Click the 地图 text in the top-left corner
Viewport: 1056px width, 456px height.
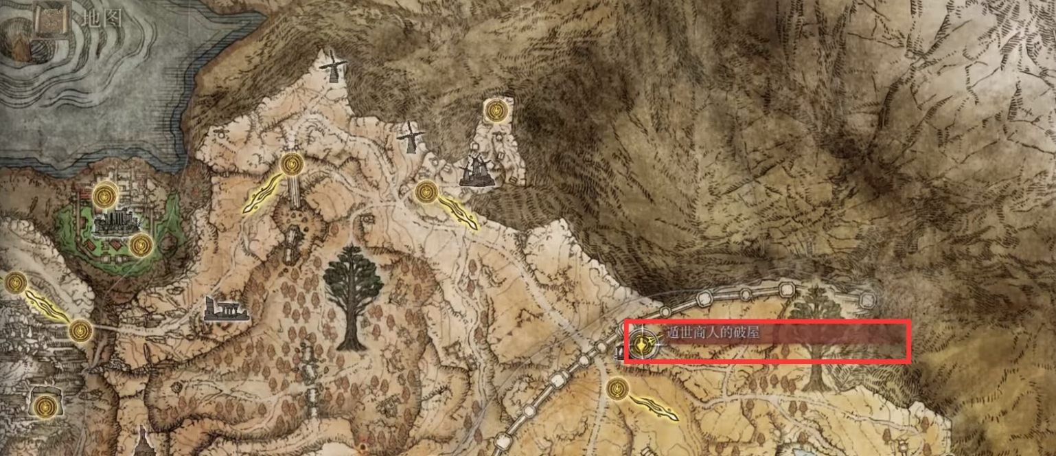click(x=101, y=19)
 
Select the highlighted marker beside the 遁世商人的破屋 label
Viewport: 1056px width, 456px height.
click(x=643, y=344)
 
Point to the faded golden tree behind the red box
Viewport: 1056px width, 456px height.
click(x=816, y=337)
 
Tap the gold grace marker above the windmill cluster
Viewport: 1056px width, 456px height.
click(x=495, y=109)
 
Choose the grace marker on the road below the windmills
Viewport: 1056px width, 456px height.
click(x=426, y=192)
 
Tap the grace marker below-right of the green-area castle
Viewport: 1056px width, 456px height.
click(x=141, y=244)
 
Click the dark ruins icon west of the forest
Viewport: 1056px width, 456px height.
click(x=226, y=310)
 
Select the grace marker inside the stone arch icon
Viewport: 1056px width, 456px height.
click(x=45, y=404)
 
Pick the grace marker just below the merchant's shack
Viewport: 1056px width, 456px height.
click(x=617, y=389)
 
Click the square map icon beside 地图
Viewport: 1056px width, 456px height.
click(x=50, y=20)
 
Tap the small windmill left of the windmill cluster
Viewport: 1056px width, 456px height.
click(x=410, y=137)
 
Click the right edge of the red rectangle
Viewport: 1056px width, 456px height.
click(x=909, y=341)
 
